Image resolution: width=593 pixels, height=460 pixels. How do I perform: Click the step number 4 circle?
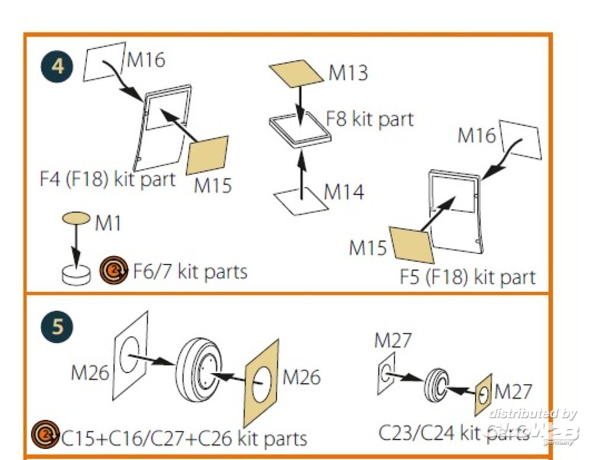click(57, 66)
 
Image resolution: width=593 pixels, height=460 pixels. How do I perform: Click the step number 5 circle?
click(57, 327)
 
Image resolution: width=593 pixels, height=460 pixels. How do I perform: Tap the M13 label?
click(348, 73)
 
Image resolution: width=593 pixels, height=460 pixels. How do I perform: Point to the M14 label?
click(344, 192)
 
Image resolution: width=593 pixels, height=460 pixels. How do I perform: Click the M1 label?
click(108, 223)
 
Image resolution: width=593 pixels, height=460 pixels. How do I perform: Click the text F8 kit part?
click(369, 118)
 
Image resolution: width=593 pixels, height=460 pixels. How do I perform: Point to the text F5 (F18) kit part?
click(467, 277)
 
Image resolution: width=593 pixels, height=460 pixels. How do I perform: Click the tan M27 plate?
click(483, 394)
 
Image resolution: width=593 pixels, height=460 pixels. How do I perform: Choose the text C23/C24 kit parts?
click(454, 432)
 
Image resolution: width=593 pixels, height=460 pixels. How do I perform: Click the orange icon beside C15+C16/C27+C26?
click(46, 436)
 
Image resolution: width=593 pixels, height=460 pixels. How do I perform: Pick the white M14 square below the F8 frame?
click(301, 201)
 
